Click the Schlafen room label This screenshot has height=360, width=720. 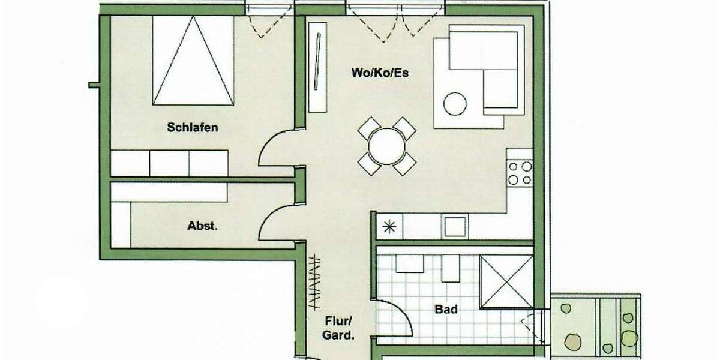(192, 127)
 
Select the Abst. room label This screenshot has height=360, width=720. (202, 227)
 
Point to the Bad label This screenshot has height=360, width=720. (446, 310)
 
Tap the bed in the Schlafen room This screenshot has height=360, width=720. (193, 60)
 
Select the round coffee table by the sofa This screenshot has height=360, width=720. (455, 104)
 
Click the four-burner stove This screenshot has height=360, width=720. (520, 173)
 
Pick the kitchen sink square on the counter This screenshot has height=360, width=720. (455, 227)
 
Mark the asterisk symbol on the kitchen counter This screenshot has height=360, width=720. (389, 227)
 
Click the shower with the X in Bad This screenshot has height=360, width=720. (507, 281)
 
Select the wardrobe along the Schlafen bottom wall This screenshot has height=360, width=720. (170, 163)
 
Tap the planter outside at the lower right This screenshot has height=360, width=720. (600, 327)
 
